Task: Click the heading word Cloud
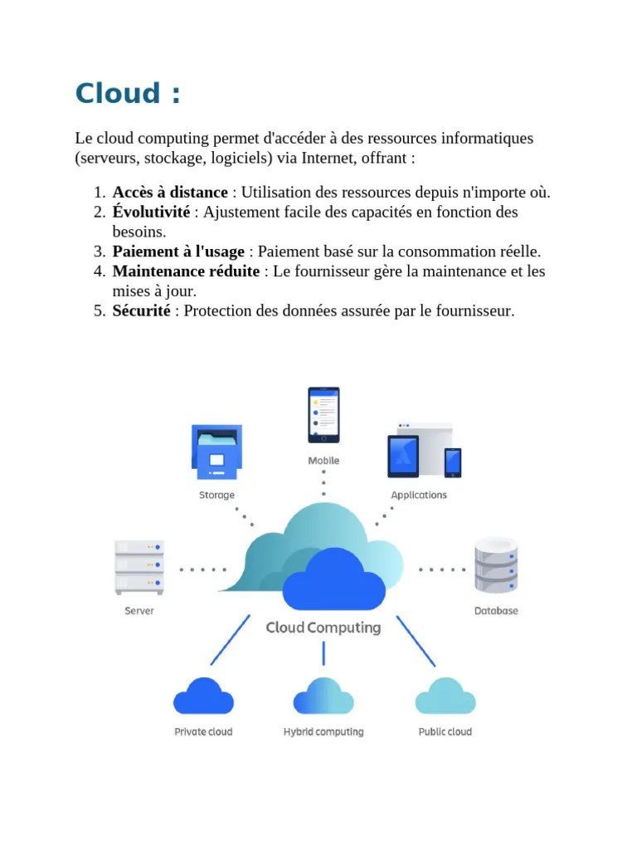(116, 93)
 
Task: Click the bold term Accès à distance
(169, 193)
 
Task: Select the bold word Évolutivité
(151, 212)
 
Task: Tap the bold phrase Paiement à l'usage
(178, 252)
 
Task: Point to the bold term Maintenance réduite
(185, 271)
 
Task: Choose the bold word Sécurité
(141, 311)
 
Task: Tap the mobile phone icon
(323, 414)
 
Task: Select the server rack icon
(139, 567)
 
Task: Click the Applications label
(419, 496)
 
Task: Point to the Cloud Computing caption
(323, 628)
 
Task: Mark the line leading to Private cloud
(231, 640)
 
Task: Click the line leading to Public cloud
(416, 640)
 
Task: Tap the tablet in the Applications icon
(403, 456)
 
